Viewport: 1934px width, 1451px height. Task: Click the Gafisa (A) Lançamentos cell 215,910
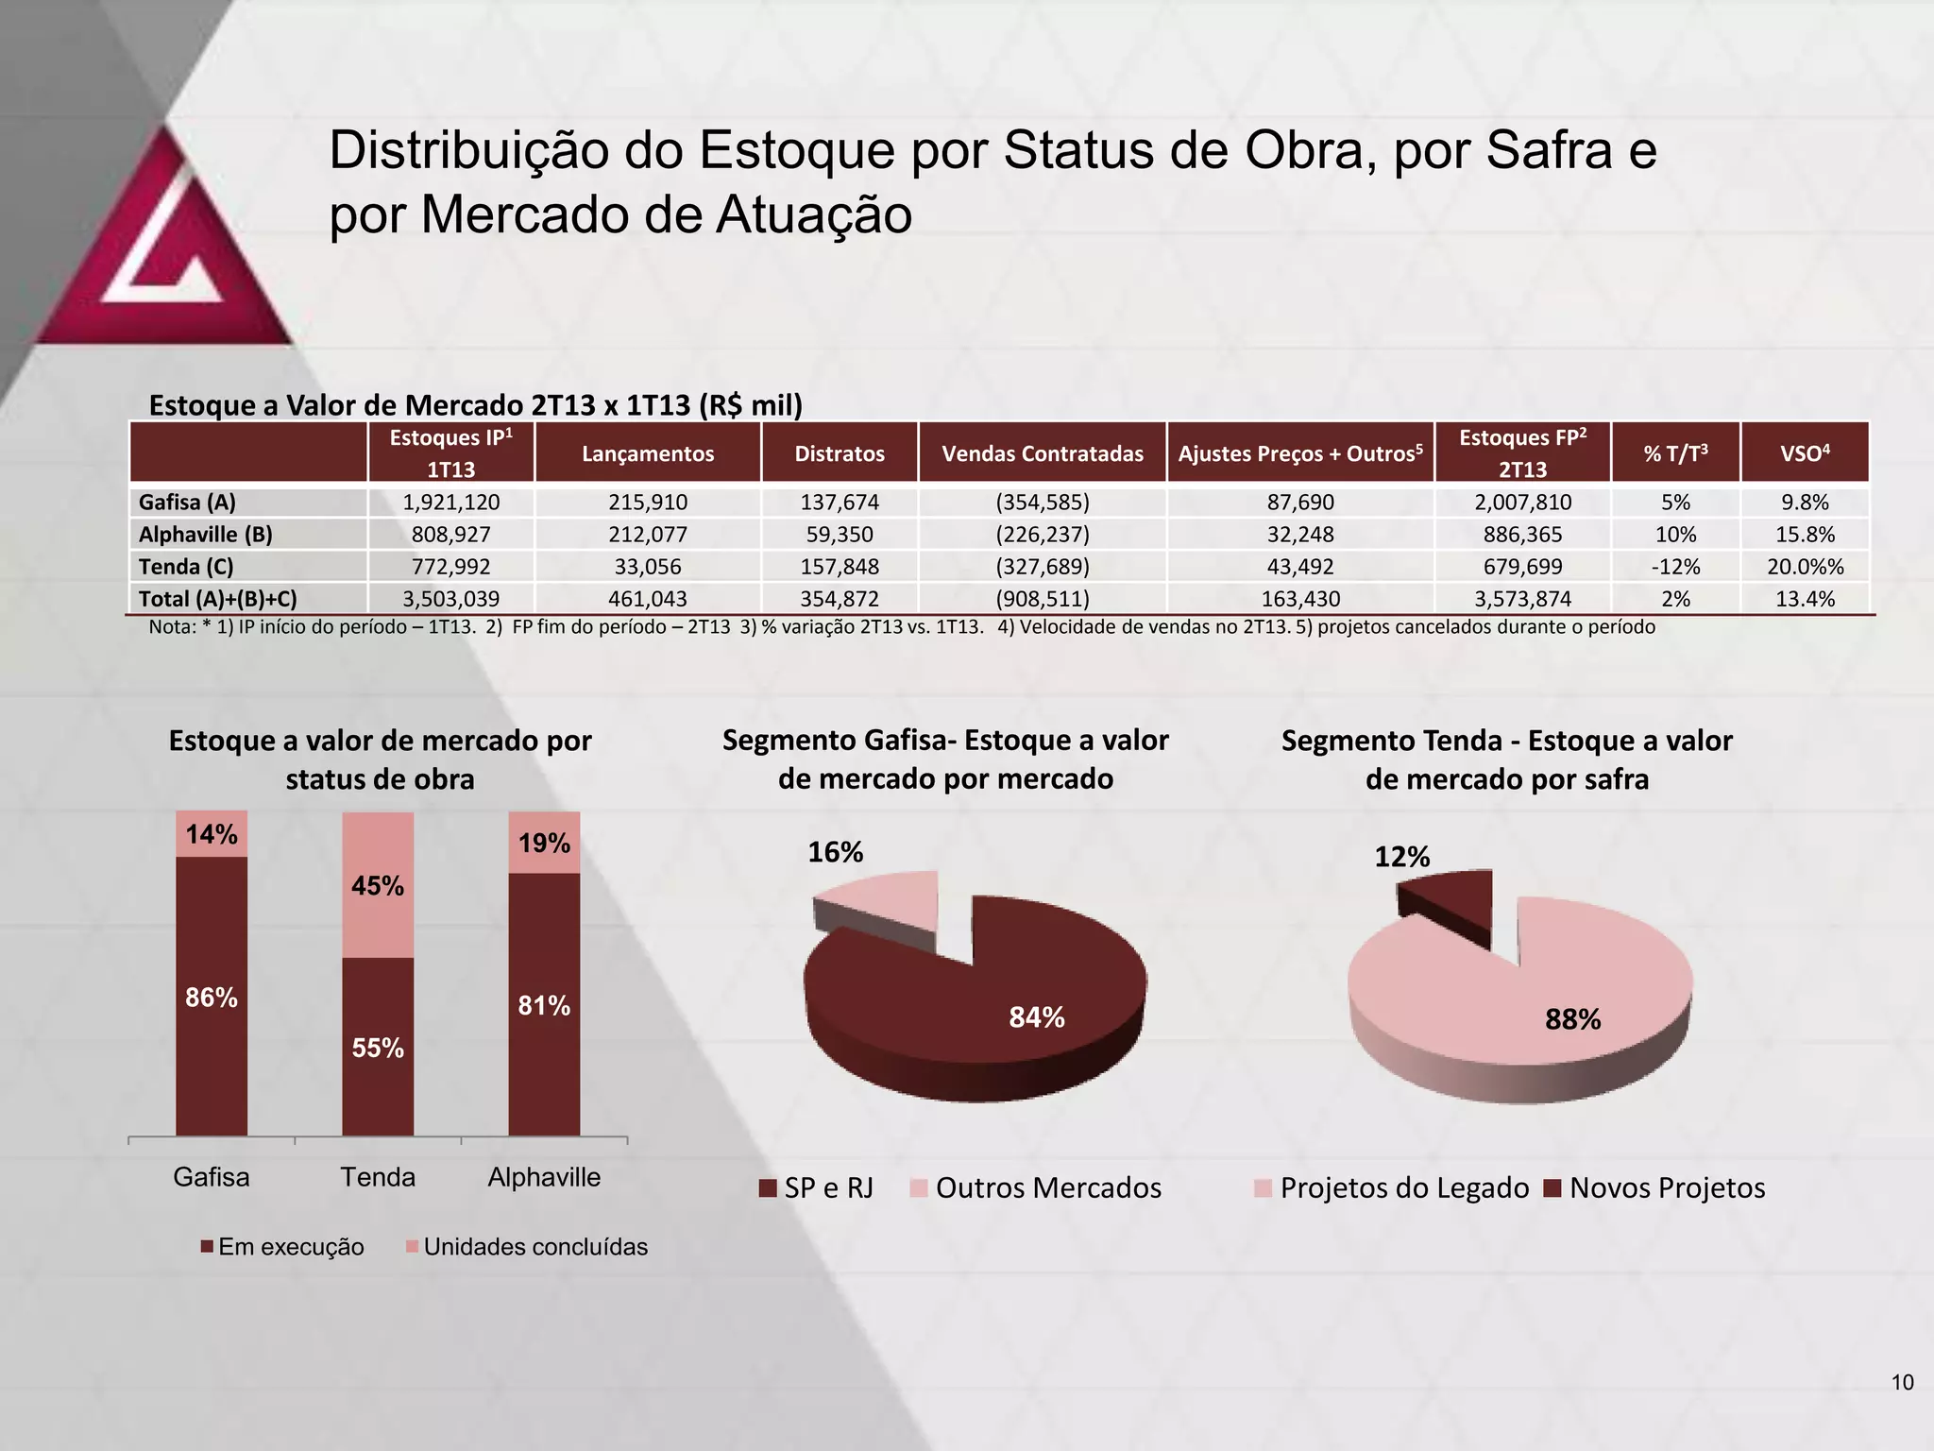pyautogui.click(x=648, y=502)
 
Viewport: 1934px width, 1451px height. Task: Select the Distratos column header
pyautogui.click(x=839, y=453)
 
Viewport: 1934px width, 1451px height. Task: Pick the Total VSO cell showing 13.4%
pyautogui.click(x=1805, y=598)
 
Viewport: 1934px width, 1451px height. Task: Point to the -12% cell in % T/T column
pyautogui.click(x=1675, y=566)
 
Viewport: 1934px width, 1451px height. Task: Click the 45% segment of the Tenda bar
pyautogui.click(x=378, y=885)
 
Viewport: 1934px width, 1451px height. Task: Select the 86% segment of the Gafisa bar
pyautogui.click(x=212, y=998)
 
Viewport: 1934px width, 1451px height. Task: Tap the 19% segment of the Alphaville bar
pyautogui.click(x=544, y=843)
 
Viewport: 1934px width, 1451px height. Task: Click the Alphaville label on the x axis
pyautogui.click(x=544, y=1177)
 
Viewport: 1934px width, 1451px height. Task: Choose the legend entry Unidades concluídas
pyautogui.click(x=527, y=1247)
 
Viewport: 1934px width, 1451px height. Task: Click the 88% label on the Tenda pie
pyautogui.click(x=1572, y=1019)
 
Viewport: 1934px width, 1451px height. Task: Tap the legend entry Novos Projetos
pyautogui.click(x=1655, y=1188)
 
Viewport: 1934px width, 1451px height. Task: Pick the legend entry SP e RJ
pyautogui.click(x=818, y=1188)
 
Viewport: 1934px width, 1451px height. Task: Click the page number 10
pyautogui.click(x=1902, y=1383)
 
